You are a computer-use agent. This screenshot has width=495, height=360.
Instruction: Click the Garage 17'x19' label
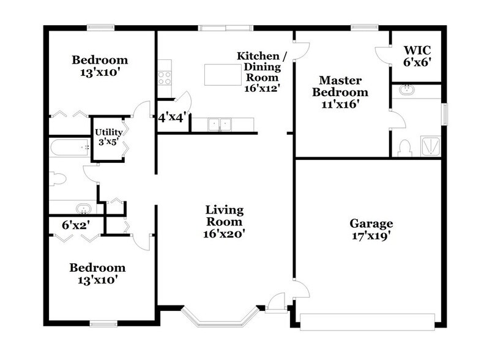point(371,229)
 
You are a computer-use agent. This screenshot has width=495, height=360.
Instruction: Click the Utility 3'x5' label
point(108,138)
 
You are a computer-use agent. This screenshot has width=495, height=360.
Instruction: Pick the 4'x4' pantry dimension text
point(171,117)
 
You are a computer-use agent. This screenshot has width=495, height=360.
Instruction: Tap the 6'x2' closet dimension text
point(76,225)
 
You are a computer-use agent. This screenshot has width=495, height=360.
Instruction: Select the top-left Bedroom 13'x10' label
point(100,66)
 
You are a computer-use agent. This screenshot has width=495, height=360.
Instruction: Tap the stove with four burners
point(165,77)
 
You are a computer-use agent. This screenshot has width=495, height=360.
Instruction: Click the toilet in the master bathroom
point(403,148)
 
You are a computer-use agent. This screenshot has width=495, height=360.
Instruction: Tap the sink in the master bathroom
point(405,90)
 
